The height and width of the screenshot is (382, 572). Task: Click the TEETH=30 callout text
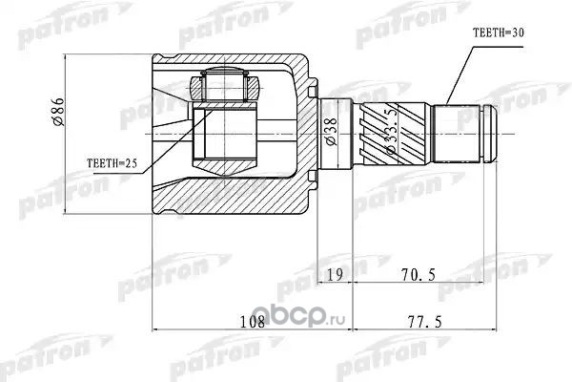pyautogui.click(x=498, y=33)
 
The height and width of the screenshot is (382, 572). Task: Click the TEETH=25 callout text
pyautogui.click(x=112, y=163)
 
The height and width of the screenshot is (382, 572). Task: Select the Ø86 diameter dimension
pyautogui.click(x=59, y=112)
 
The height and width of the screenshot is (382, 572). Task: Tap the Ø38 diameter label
pyautogui.click(x=331, y=132)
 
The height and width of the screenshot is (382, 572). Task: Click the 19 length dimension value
pyautogui.click(x=335, y=274)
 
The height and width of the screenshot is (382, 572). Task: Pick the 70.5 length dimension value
pyautogui.click(x=419, y=274)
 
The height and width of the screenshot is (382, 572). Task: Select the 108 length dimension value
pyautogui.click(x=253, y=322)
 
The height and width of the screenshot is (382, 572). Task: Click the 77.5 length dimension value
pyautogui.click(x=424, y=322)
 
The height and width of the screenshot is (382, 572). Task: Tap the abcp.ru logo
pyautogui.click(x=306, y=317)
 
